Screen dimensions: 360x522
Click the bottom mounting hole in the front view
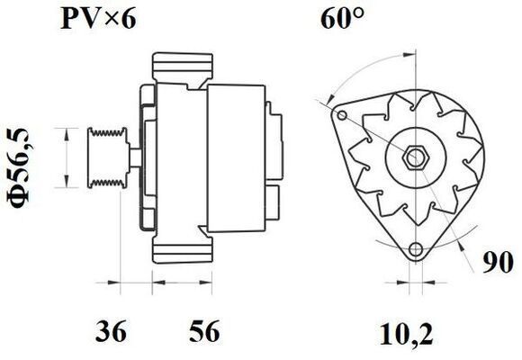(x=415, y=251)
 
